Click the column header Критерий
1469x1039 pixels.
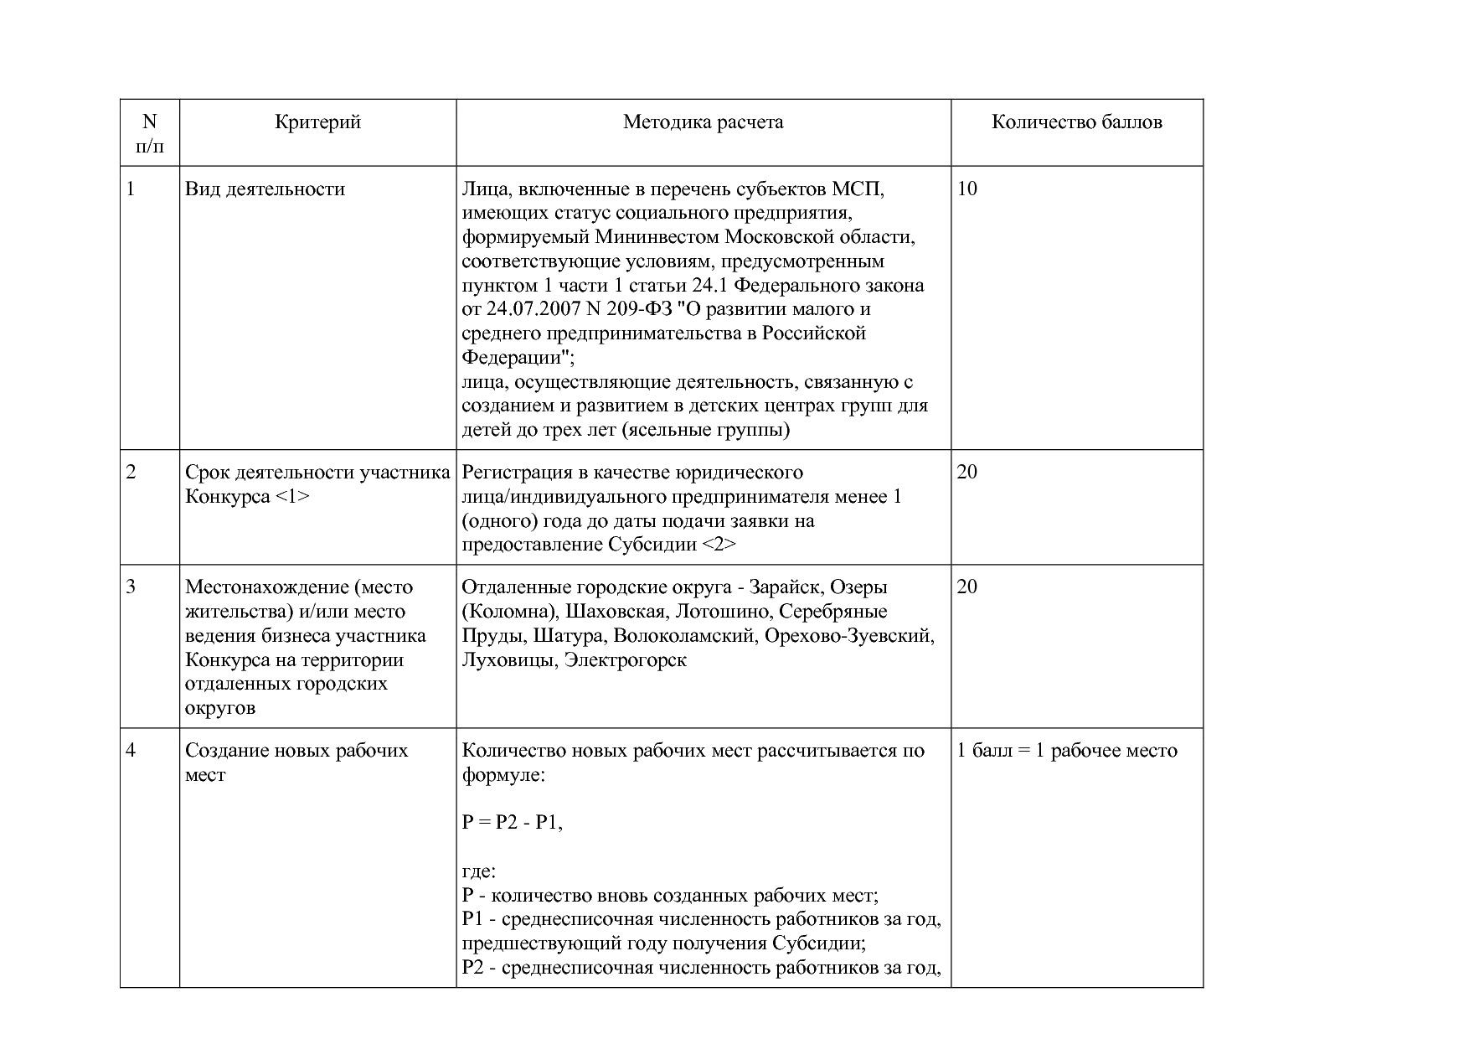317,122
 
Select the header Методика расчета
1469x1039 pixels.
703,122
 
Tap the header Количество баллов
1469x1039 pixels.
1076,122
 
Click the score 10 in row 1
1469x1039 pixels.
966,189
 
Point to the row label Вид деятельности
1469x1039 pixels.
265,189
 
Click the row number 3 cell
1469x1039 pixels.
131,587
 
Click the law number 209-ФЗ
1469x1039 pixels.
637,309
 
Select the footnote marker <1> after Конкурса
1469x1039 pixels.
291,497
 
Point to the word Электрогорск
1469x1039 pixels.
625,660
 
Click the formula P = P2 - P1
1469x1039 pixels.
512,823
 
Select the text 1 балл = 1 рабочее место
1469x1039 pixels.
1066,751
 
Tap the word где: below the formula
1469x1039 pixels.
478,871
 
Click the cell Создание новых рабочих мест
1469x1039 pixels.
296,762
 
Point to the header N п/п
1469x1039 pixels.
150,134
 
